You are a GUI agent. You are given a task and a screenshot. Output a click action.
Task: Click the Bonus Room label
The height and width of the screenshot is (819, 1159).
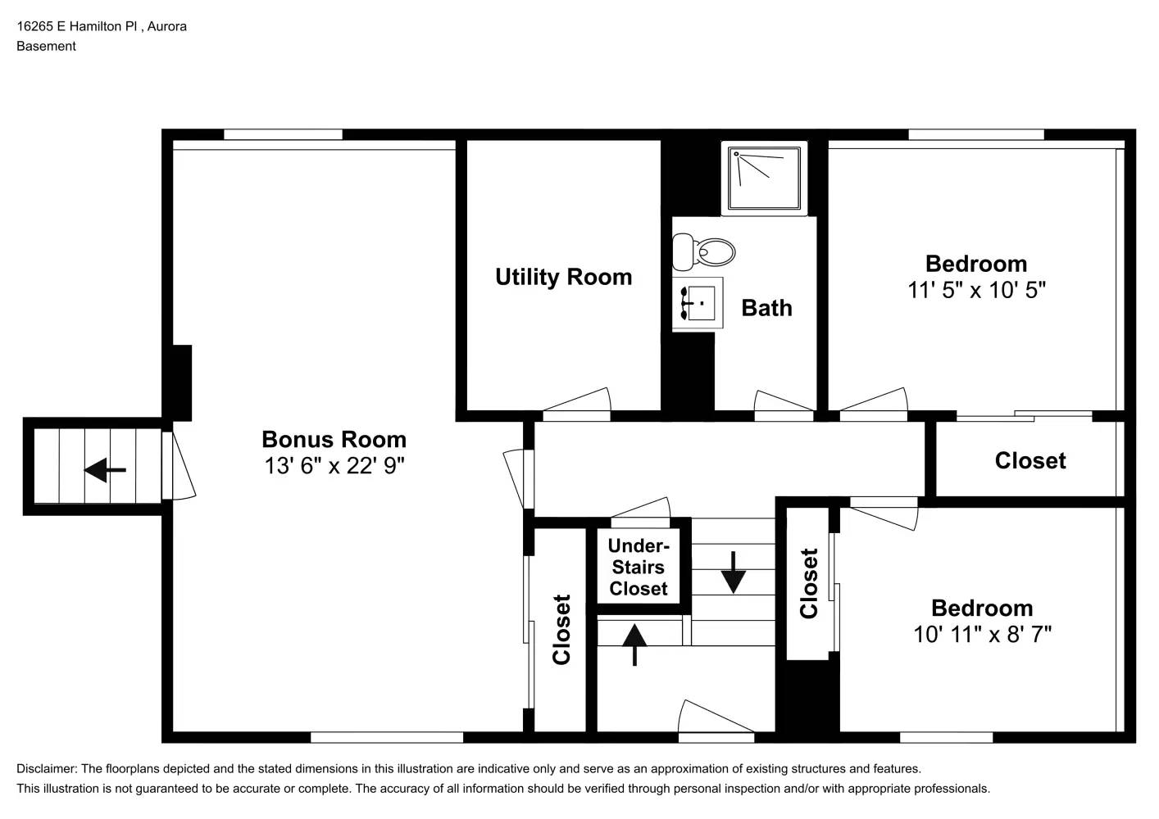tap(334, 439)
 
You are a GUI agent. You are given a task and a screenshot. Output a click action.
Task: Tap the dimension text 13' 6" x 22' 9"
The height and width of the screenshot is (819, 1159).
tap(334, 466)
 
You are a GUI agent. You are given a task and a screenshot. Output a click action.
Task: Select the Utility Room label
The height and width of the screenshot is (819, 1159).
tap(563, 277)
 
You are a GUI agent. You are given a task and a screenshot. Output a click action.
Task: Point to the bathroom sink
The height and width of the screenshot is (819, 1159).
tap(698, 303)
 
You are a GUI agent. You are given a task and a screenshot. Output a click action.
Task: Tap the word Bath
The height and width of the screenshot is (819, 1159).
tap(766, 308)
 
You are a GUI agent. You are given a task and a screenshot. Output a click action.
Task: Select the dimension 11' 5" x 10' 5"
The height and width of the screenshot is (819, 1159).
tap(975, 290)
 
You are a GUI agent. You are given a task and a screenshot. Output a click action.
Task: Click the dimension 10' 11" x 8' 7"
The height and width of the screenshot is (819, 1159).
tap(982, 634)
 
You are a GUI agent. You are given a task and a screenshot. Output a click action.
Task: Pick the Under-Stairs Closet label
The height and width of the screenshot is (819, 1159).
tap(638, 567)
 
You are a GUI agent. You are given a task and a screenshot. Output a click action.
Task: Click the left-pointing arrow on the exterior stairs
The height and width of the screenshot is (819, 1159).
tap(105, 470)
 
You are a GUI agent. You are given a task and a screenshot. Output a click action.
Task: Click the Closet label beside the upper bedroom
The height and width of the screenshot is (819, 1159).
tap(1029, 460)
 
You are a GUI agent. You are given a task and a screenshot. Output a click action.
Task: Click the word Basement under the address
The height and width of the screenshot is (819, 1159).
tap(46, 46)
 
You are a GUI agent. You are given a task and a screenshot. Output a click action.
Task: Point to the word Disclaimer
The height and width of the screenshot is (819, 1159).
tap(46, 768)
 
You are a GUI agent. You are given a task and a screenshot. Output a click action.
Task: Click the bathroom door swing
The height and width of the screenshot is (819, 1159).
tap(783, 403)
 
